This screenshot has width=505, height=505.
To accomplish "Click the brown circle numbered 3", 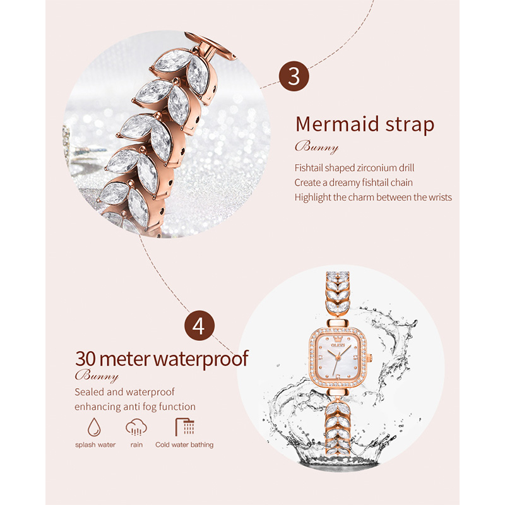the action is coord(294,76).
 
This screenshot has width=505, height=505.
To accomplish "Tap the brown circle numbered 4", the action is coord(199,326).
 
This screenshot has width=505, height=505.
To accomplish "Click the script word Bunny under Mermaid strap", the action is coord(317,147).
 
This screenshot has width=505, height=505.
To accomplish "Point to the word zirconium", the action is coord(374,168).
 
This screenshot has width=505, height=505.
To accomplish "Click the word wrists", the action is coord(440,197).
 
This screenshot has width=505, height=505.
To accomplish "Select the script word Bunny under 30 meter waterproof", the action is coord(97,376).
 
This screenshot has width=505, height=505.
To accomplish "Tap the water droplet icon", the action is coord(94,427).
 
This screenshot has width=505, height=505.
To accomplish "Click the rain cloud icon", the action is coord(136,427).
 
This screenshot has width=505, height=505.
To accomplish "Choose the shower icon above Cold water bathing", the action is coord(185,427).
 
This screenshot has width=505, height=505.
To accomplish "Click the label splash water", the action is coord(95,445).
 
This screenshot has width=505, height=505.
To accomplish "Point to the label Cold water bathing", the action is coord(184,445).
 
